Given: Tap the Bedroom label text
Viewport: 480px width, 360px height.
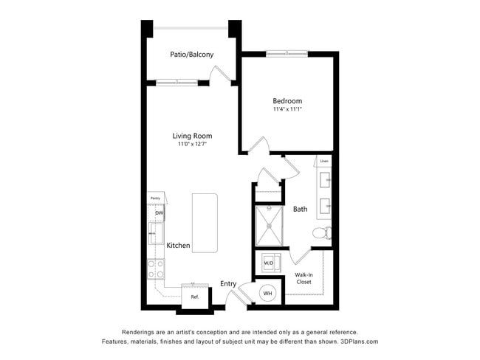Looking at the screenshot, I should pos(287,101).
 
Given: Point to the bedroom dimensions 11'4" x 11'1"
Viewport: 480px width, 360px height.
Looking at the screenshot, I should pos(287,110).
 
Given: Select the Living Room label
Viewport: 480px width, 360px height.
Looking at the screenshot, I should pos(192,136).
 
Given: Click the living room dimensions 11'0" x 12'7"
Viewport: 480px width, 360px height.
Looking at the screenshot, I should pos(192,145).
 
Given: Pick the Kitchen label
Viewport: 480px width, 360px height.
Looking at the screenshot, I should pos(178,245).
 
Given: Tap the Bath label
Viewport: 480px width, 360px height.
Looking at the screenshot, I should pos(300,209).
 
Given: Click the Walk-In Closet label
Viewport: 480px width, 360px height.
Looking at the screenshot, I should pos(304,278).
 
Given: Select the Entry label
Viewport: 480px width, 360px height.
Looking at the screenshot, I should pos(228,283).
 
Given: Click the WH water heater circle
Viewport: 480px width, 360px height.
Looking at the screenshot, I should pos(267,293).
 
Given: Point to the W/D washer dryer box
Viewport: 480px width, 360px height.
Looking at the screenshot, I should pos(269,262).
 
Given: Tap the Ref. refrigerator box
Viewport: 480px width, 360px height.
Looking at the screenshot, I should pos(195,296).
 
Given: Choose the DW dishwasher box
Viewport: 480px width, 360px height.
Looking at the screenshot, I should pos(158,214).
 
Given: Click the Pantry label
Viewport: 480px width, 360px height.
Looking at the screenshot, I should pos(155,198).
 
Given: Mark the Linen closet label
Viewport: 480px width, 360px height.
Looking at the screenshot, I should pos(324,160).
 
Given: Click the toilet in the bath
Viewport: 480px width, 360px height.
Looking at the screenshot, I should pos(321,233).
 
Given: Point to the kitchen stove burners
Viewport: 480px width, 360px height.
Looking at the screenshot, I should pos(155,269).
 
